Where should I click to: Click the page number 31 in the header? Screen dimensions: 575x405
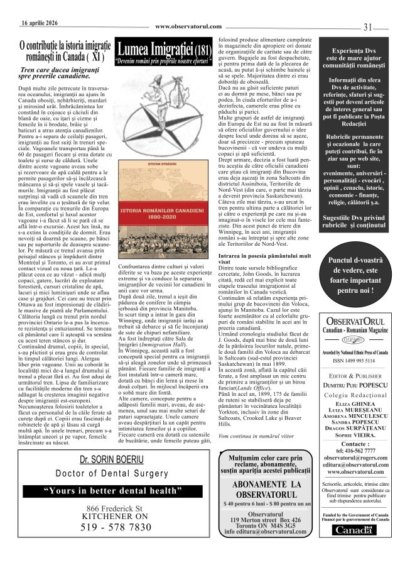click(369, 26)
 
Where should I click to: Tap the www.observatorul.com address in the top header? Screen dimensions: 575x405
click(188, 26)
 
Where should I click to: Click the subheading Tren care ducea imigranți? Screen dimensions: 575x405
click(61, 74)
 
